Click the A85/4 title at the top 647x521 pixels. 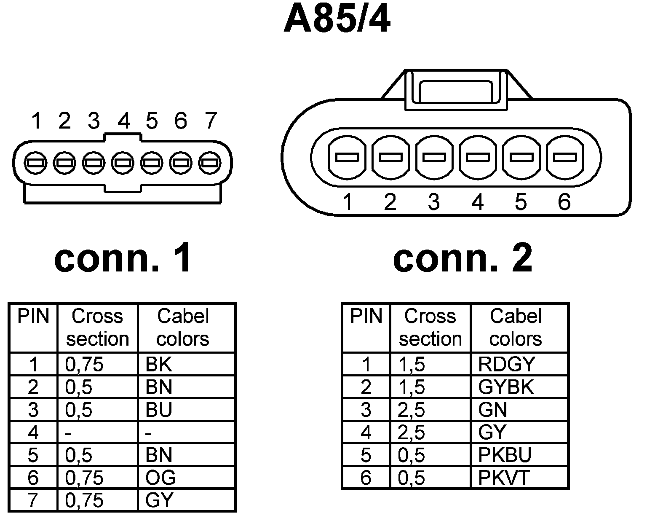pyautogui.click(x=337, y=20)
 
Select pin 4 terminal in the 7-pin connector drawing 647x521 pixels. pyautogui.click(x=122, y=163)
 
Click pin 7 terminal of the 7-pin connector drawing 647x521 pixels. pyautogui.click(x=209, y=163)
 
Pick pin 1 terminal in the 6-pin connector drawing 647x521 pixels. pyautogui.click(x=347, y=158)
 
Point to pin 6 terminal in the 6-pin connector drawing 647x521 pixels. pyautogui.click(x=565, y=158)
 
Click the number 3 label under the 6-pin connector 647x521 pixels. pyautogui.click(x=434, y=202)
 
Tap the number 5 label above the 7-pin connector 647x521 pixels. pyautogui.click(x=152, y=121)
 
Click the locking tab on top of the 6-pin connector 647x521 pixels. pyautogui.click(x=456, y=91)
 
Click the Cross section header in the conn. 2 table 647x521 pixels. pyautogui.click(x=430, y=328)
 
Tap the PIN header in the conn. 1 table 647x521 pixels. pyautogui.click(x=33, y=316)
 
